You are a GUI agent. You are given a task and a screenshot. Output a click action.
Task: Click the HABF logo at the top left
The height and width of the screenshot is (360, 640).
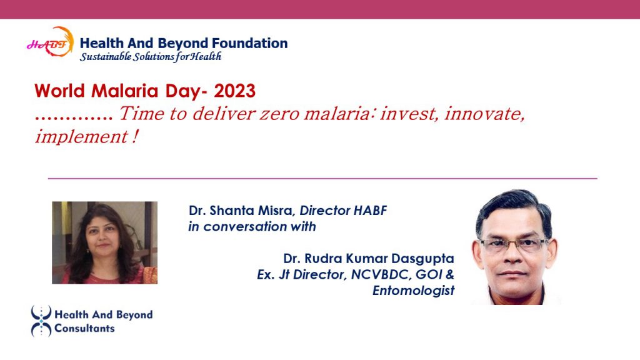click(x=50, y=42)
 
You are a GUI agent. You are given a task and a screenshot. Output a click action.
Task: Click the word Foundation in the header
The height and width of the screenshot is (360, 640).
click(x=250, y=43)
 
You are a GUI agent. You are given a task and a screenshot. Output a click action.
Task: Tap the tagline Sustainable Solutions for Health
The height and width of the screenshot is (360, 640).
click(x=150, y=56)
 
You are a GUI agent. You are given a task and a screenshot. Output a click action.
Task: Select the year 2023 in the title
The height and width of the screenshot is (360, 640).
click(x=235, y=91)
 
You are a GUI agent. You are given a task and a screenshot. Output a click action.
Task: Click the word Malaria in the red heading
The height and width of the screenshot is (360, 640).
click(x=125, y=91)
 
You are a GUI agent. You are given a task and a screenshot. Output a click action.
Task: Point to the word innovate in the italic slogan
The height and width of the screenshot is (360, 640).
click(x=484, y=114)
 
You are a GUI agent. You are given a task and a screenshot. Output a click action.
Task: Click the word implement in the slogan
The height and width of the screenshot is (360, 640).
click(x=82, y=137)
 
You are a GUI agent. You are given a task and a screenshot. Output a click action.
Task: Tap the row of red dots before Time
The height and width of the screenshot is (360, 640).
click(x=74, y=119)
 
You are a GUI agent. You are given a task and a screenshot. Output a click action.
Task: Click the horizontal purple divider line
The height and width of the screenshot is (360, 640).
click(x=322, y=178)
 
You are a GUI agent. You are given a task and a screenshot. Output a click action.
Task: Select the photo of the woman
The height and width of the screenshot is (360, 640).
click(x=104, y=242)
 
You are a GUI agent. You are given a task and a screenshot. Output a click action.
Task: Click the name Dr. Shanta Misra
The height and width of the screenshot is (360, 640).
click(x=241, y=211)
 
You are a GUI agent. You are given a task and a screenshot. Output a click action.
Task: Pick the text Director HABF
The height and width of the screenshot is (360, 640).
click(x=343, y=211)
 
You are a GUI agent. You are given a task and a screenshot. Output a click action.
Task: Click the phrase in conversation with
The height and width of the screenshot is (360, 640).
click(x=252, y=226)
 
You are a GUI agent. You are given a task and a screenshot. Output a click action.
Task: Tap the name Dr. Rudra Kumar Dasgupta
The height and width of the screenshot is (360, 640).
click(x=369, y=258)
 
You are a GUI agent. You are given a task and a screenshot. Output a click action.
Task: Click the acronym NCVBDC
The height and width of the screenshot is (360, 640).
click(x=381, y=274)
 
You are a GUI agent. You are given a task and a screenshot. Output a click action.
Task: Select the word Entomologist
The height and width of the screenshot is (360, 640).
click(x=414, y=290)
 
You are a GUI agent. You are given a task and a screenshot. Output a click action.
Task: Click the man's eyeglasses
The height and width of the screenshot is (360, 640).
click(x=514, y=244)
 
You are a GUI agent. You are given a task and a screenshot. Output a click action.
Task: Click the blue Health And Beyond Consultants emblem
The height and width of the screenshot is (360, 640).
click(x=41, y=321)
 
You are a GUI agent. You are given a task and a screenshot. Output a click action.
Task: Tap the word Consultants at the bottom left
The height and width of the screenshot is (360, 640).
click(x=84, y=328)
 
